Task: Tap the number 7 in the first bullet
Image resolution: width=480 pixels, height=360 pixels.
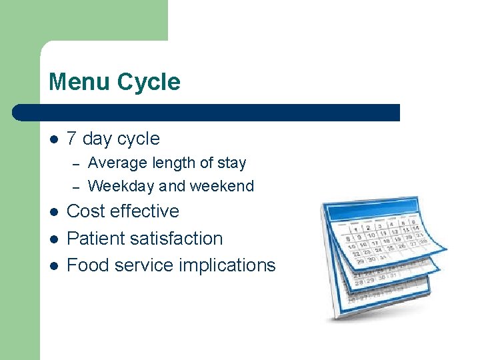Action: click(72, 139)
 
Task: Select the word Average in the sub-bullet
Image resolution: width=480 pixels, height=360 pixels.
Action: click(114, 163)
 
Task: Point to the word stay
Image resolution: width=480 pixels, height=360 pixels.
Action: click(231, 163)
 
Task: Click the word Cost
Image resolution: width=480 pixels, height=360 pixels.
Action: click(87, 211)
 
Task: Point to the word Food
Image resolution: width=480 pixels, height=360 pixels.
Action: click(88, 265)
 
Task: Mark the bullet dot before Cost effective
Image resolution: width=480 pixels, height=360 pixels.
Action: click(53, 212)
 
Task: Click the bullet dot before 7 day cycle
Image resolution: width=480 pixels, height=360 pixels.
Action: click(53, 139)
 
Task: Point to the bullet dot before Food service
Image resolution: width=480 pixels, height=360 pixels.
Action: click(53, 265)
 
